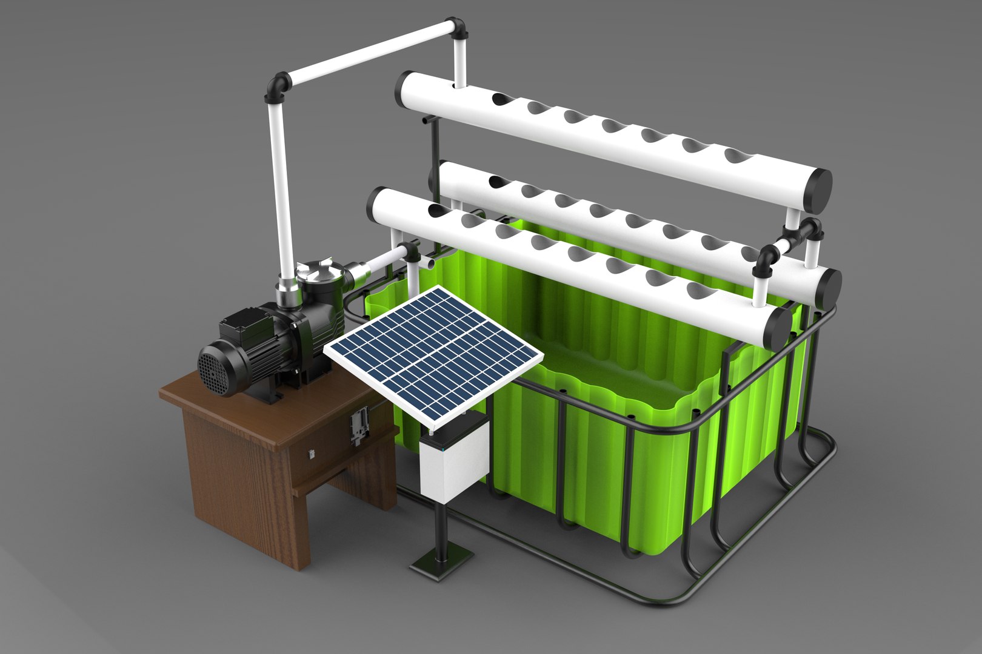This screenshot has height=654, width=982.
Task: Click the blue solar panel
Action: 433,351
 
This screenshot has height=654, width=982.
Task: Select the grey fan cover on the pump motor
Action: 214,369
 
